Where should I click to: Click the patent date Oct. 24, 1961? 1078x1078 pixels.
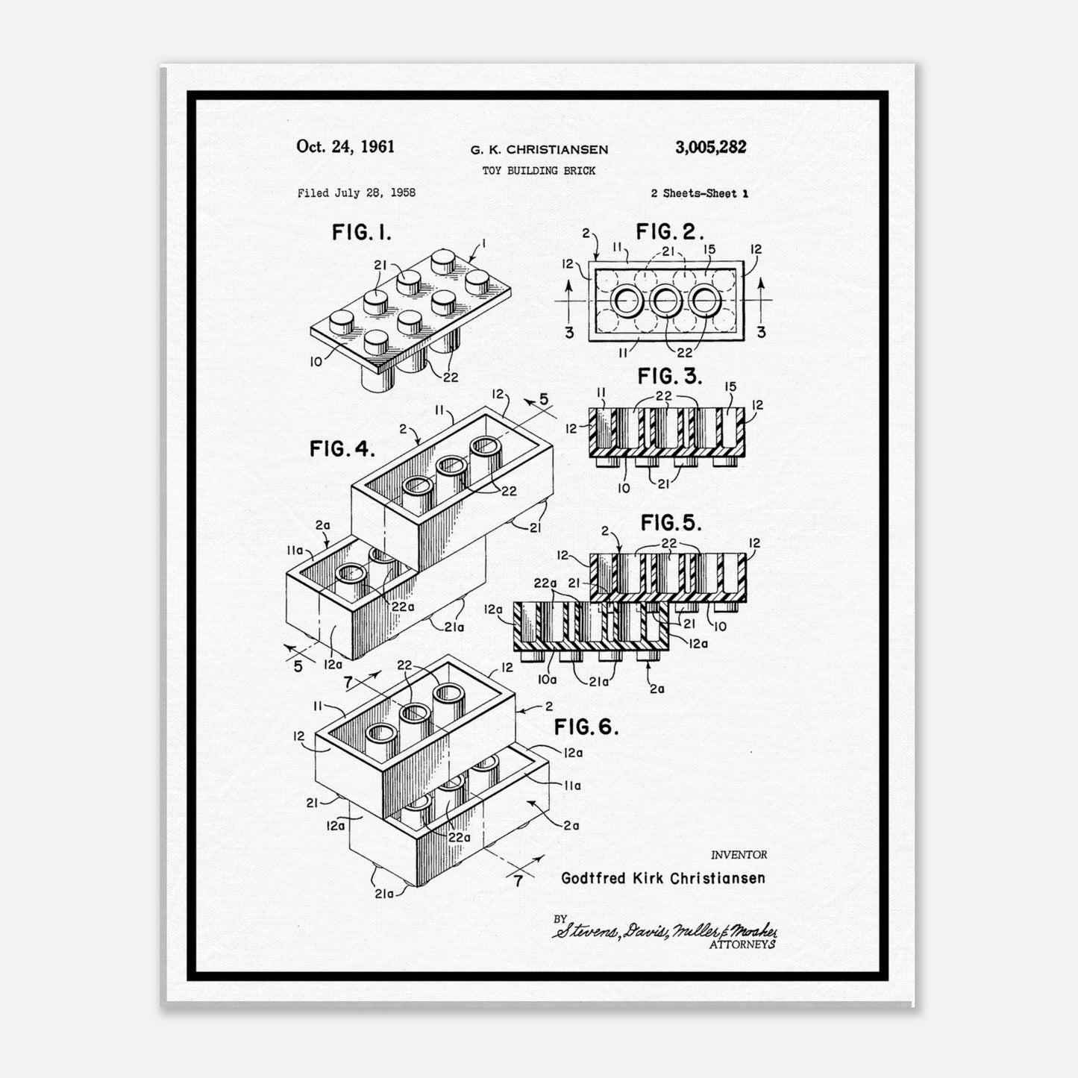(345, 146)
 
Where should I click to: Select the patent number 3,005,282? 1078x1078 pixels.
(710, 147)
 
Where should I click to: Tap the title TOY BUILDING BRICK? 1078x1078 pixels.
(539, 171)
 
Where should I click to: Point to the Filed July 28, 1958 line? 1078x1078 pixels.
(357, 193)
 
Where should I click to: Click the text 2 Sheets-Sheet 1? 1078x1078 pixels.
(699, 193)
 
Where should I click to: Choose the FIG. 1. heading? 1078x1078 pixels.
(361, 232)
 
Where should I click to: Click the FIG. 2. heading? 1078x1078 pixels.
(670, 231)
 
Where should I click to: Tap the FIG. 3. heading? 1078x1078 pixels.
(670, 376)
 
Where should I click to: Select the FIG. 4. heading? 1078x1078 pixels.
(342, 448)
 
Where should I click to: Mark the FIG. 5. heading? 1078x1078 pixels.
(671, 522)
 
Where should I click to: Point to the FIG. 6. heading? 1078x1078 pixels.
(586, 727)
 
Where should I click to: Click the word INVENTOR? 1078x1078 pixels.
(739, 855)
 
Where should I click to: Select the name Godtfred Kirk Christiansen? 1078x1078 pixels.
(663, 878)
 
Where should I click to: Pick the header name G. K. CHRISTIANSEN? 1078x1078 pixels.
(539, 150)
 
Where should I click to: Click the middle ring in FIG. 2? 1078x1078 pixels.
(665, 301)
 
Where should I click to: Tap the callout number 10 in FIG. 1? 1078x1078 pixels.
(316, 362)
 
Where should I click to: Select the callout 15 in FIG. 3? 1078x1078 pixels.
(730, 386)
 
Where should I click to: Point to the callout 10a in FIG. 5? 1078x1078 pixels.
(547, 680)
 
